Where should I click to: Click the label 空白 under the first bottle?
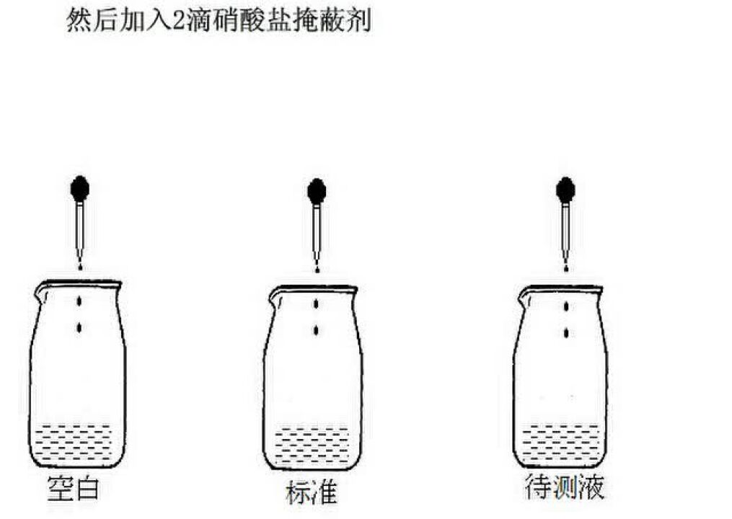[x=74, y=488]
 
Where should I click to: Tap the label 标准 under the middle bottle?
[x=312, y=492]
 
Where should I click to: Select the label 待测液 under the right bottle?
[x=565, y=487]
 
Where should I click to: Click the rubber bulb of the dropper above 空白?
[x=80, y=189]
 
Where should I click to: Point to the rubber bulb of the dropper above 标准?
[x=317, y=191]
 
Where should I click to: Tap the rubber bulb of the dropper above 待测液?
[x=566, y=190]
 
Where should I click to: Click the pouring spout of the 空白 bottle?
[x=41, y=293]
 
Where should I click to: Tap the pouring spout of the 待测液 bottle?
[x=525, y=297]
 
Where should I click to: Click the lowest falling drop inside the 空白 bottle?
[x=79, y=328]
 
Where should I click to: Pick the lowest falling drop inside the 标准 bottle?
[x=317, y=331]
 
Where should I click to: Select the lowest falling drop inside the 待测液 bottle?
[x=566, y=333]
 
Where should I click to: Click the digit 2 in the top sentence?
[x=179, y=22]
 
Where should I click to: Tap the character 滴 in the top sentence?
[x=199, y=22]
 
